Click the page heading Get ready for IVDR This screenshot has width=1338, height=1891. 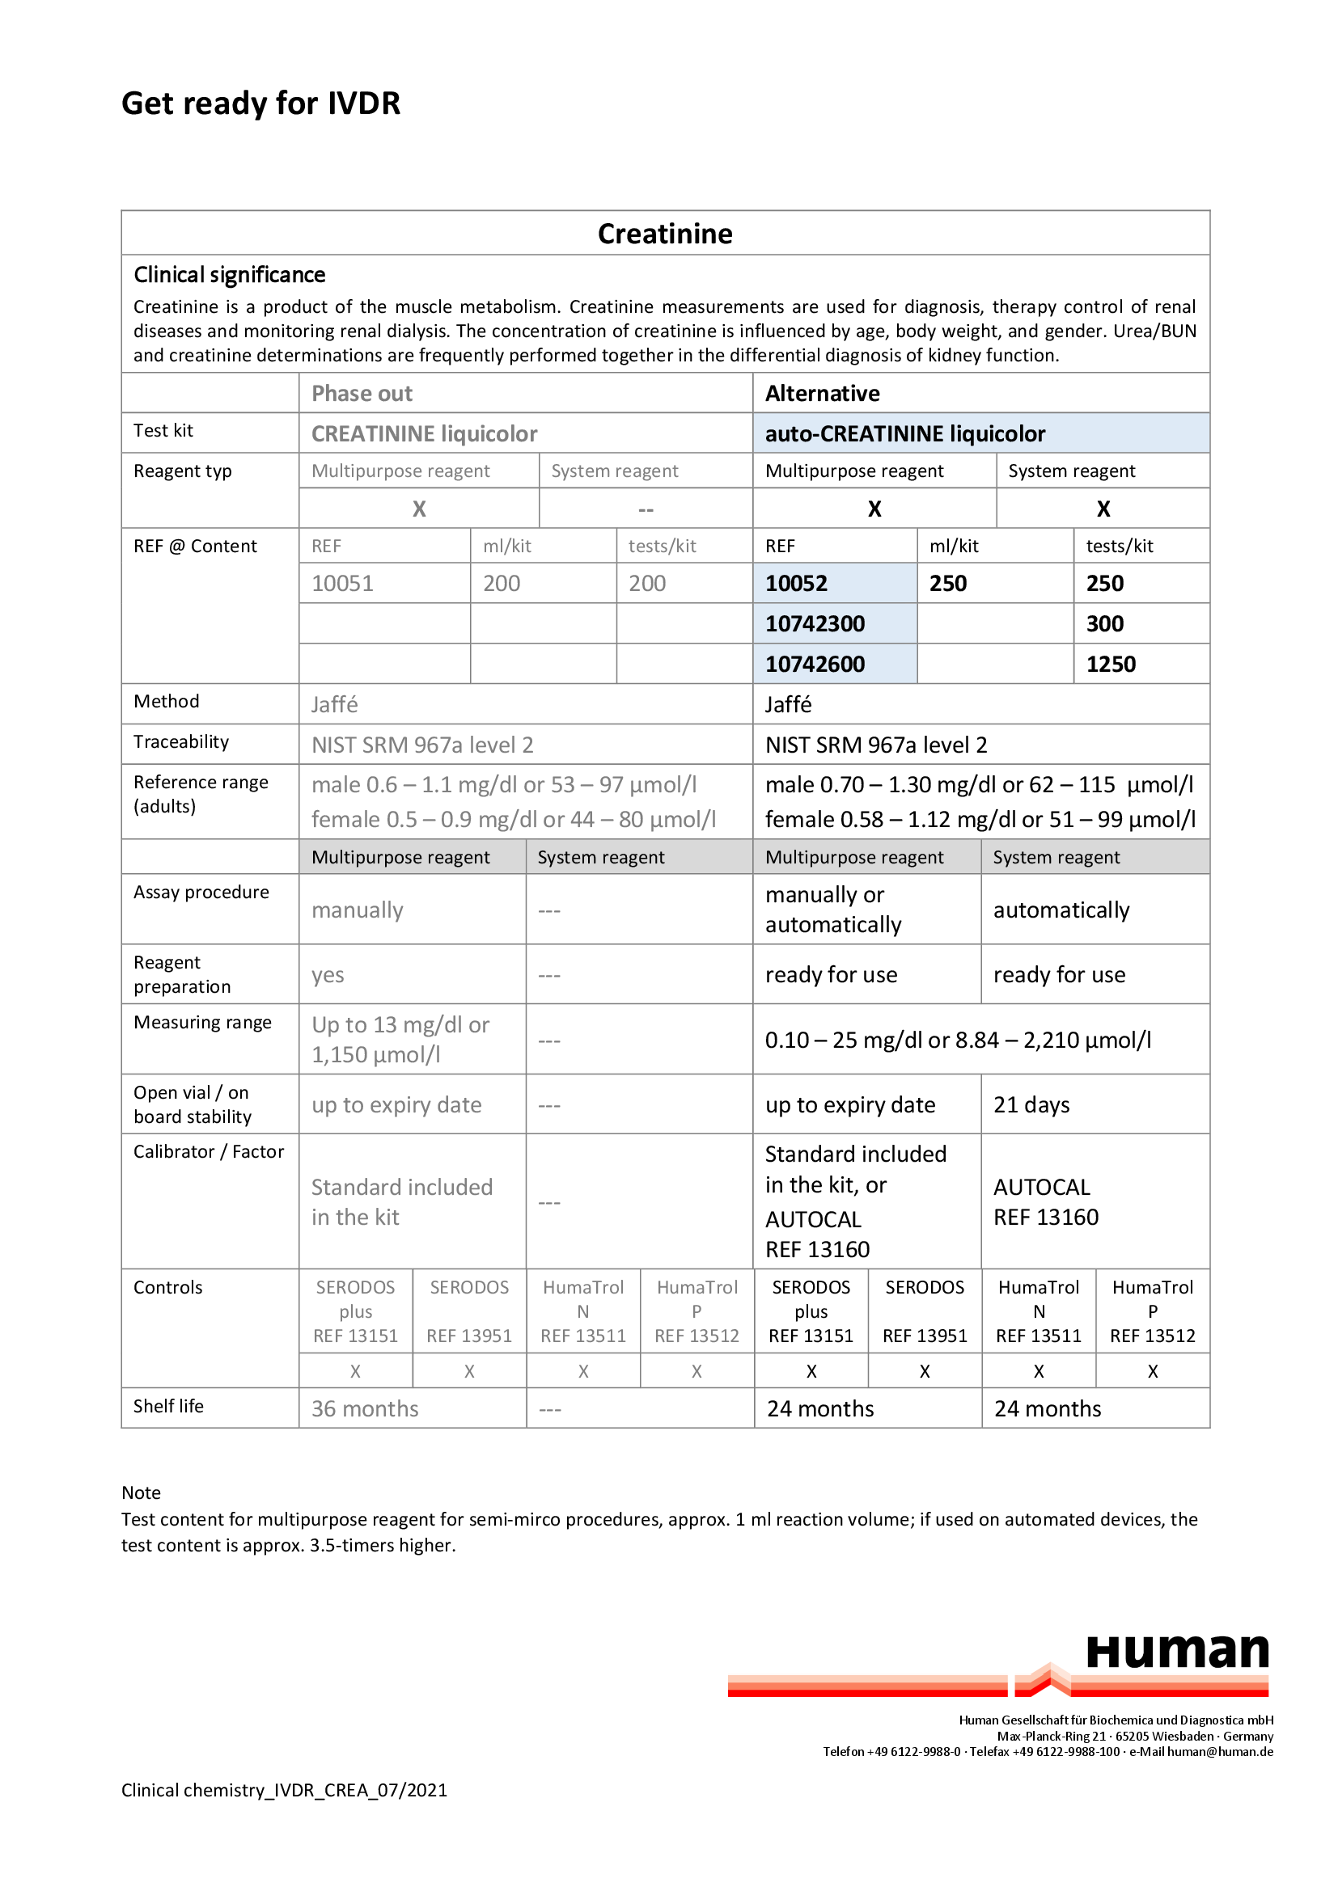point(260,103)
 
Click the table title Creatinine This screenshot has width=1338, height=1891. point(665,234)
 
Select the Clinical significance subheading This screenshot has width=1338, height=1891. point(229,275)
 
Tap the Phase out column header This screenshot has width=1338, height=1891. point(362,394)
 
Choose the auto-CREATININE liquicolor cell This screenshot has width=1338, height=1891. point(904,434)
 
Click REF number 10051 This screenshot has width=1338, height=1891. point(342,584)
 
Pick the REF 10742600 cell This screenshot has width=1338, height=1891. point(815,665)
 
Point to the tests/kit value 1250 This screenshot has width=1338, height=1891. point(1111,665)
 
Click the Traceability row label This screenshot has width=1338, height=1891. point(181,742)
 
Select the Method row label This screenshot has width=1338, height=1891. point(167,702)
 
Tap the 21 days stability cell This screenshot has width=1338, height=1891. point(1031,1105)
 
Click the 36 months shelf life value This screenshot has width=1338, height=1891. point(365,1409)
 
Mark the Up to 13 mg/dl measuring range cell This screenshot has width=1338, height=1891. point(400,1040)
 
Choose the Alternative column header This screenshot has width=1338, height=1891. point(822,394)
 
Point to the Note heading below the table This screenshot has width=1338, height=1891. point(141,1493)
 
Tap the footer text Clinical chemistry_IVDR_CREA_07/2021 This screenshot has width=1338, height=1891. point(284,1791)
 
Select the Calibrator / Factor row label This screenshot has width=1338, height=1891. point(210,1152)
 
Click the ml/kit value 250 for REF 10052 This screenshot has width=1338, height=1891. point(948,584)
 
